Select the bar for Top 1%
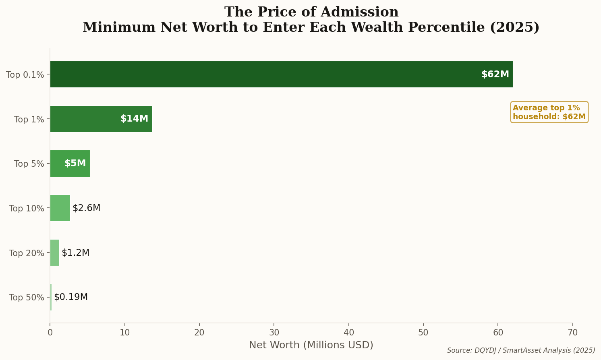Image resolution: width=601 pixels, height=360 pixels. pyautogui.click(x=101, y=119)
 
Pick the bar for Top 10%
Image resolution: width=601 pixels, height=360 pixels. pyautogui.click(x=60, y=208)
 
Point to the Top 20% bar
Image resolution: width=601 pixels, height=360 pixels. pyautogui.click(x=55, y=252)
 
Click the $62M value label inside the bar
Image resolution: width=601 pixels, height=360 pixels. pyautogui.click(x=495, y=74)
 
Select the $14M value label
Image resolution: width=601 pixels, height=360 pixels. pyautogui.click(x=134, y=119)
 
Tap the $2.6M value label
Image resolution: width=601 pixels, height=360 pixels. pyautogui.click(x=86, y=208)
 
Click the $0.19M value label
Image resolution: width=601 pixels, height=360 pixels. pyautogui.click(x=71, y=297)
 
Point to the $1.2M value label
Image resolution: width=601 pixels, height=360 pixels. pyautogui.click(x=75, y=253)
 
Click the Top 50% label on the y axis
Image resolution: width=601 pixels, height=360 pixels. pyautogui.click(x=26, y=298)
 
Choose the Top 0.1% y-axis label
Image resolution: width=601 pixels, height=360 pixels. pyautogui.click(x=25, y=75)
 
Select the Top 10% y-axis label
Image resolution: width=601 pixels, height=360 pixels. pyautogui.click(x=26, y=209)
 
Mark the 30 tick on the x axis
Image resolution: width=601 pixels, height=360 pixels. pyautogui.click(x=274, y=333)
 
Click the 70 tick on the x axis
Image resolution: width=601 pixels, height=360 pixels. pyautogui.click(x=572, y=333)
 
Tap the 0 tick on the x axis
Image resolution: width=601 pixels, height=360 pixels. pyautogui.click(x=50, y=333)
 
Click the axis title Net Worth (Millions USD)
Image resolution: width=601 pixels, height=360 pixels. pyautogui.click(x=311, y=345)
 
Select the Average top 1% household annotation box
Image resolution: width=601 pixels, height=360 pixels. pyautogui.click(x=549, y=112)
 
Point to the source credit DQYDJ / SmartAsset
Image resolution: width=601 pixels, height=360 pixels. pyautogui.click(x=521, y=351)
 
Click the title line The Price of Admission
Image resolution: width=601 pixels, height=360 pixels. pyautogui.click(x=311, y=12)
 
